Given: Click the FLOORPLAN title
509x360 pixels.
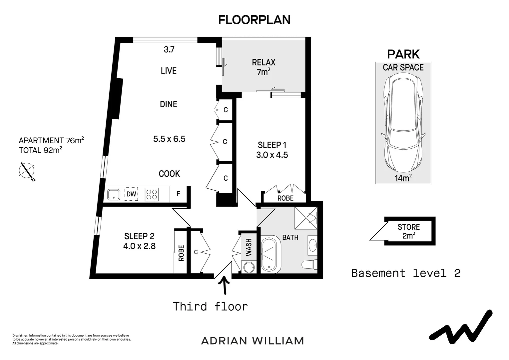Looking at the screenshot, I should pyautogui.click(x=254, y=20).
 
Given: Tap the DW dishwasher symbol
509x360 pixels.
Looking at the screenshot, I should pyautogui.click(x=131, y=194).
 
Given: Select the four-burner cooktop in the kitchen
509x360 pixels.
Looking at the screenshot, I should pyautogui.click(x=152, y=194).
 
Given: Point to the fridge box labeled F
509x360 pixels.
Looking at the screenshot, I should pyautogui.click(x=178, y=194).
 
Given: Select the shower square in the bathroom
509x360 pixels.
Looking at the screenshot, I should pyautogui.click(x=306, y=218).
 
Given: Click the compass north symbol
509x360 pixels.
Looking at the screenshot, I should pyautogui.click(x=27, y=171).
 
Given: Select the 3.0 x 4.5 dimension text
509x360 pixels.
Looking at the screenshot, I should pyautogui.click(x=272, y=155).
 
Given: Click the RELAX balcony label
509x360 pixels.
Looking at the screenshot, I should pyautogui.click(x=263, y=62).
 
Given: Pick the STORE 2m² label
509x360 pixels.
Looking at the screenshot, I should pyautogui.click(x=408, y=231).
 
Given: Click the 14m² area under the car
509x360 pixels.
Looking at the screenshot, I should pyautogui.click(x=403, y=178).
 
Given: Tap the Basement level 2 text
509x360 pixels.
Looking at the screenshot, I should pyautogui.click(x=406, y=273).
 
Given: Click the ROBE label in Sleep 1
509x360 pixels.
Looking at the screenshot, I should pyautogui.click(x=285, y=198).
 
